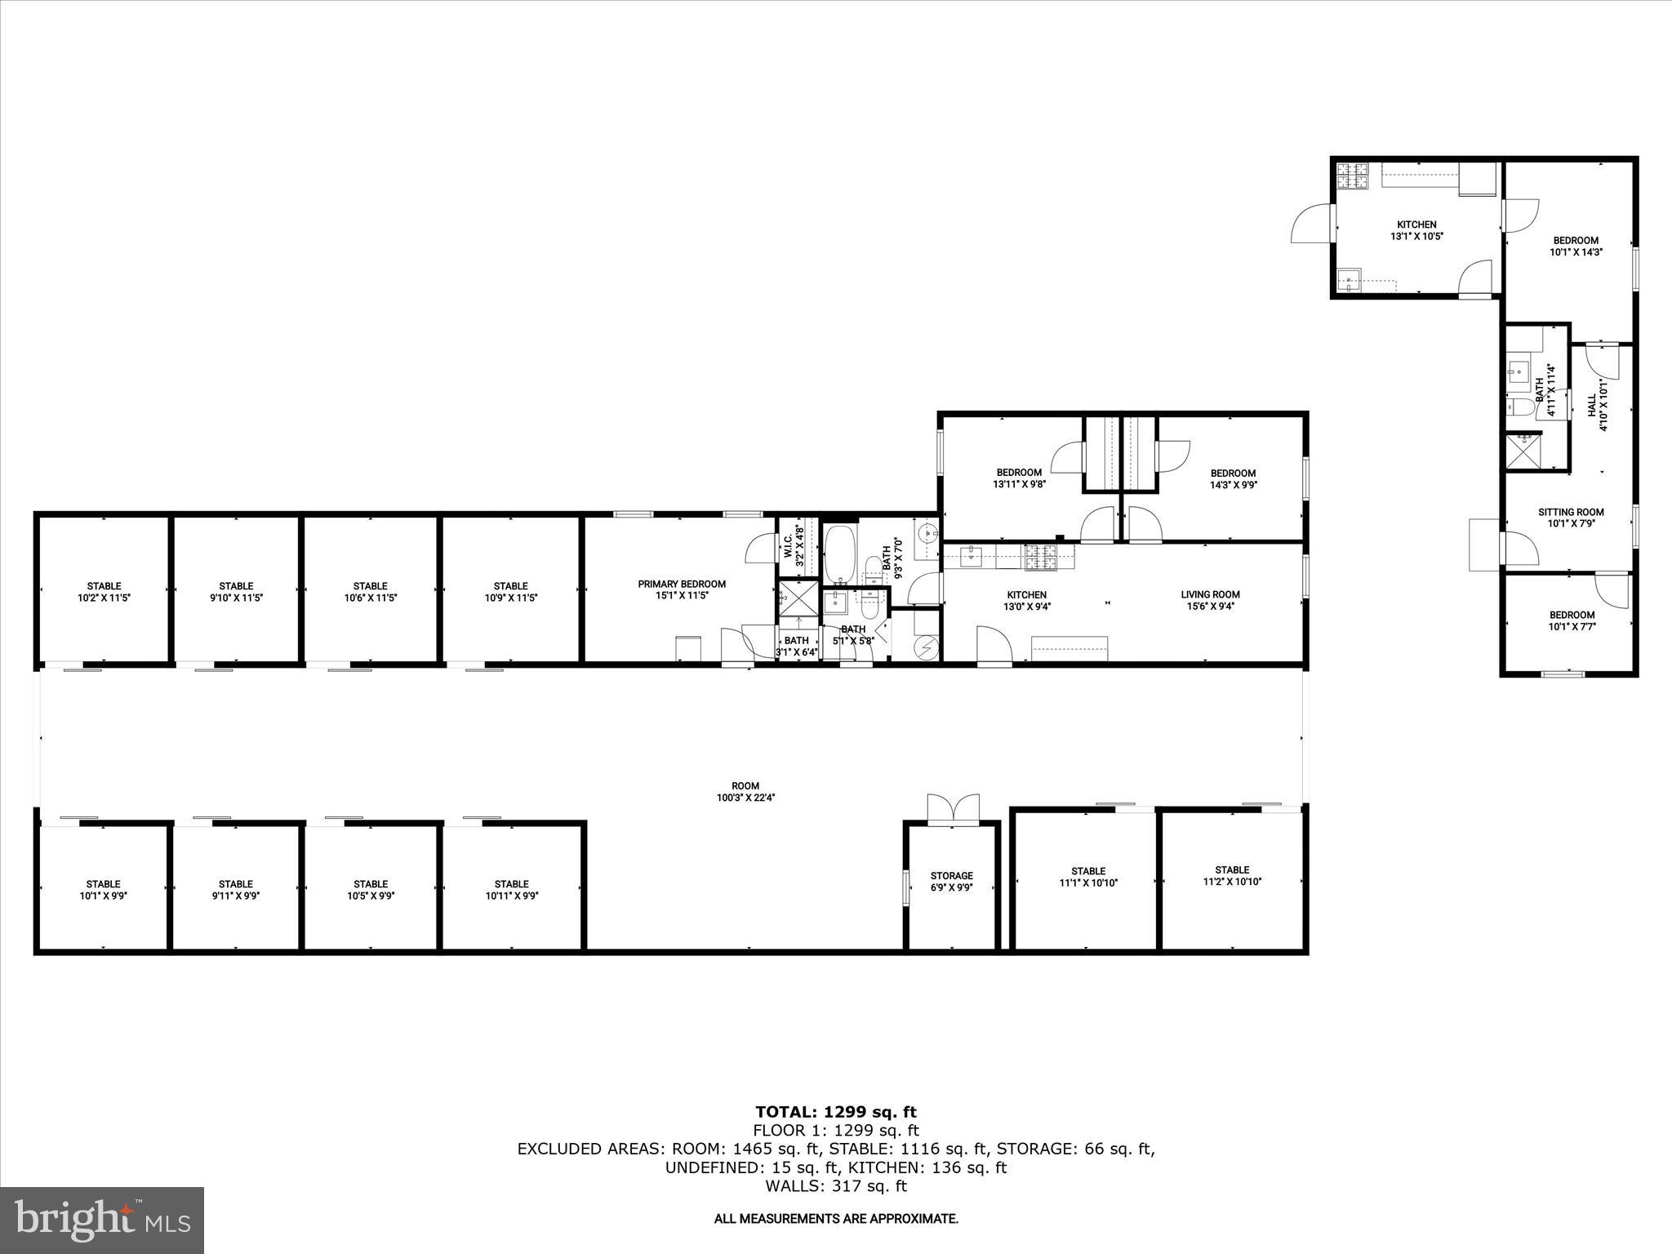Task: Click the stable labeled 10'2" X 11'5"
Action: click(x=104, y=592)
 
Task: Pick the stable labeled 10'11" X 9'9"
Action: click(x=511, y=889)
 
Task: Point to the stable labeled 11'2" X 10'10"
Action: click(x=1231, y=875)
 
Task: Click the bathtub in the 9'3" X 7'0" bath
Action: click(x=840, y=554)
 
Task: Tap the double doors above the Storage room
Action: click(x=952, y=809)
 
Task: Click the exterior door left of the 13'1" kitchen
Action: click(x=1311, y=223)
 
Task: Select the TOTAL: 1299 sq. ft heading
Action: click(x=835, y=1112)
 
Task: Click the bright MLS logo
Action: click(x=102, y=1220)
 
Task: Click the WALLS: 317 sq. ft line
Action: click(x=835, y=1186)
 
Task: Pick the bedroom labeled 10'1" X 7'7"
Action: click(x=1572, y=620)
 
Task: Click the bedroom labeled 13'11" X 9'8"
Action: click(x=1018, y=478)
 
